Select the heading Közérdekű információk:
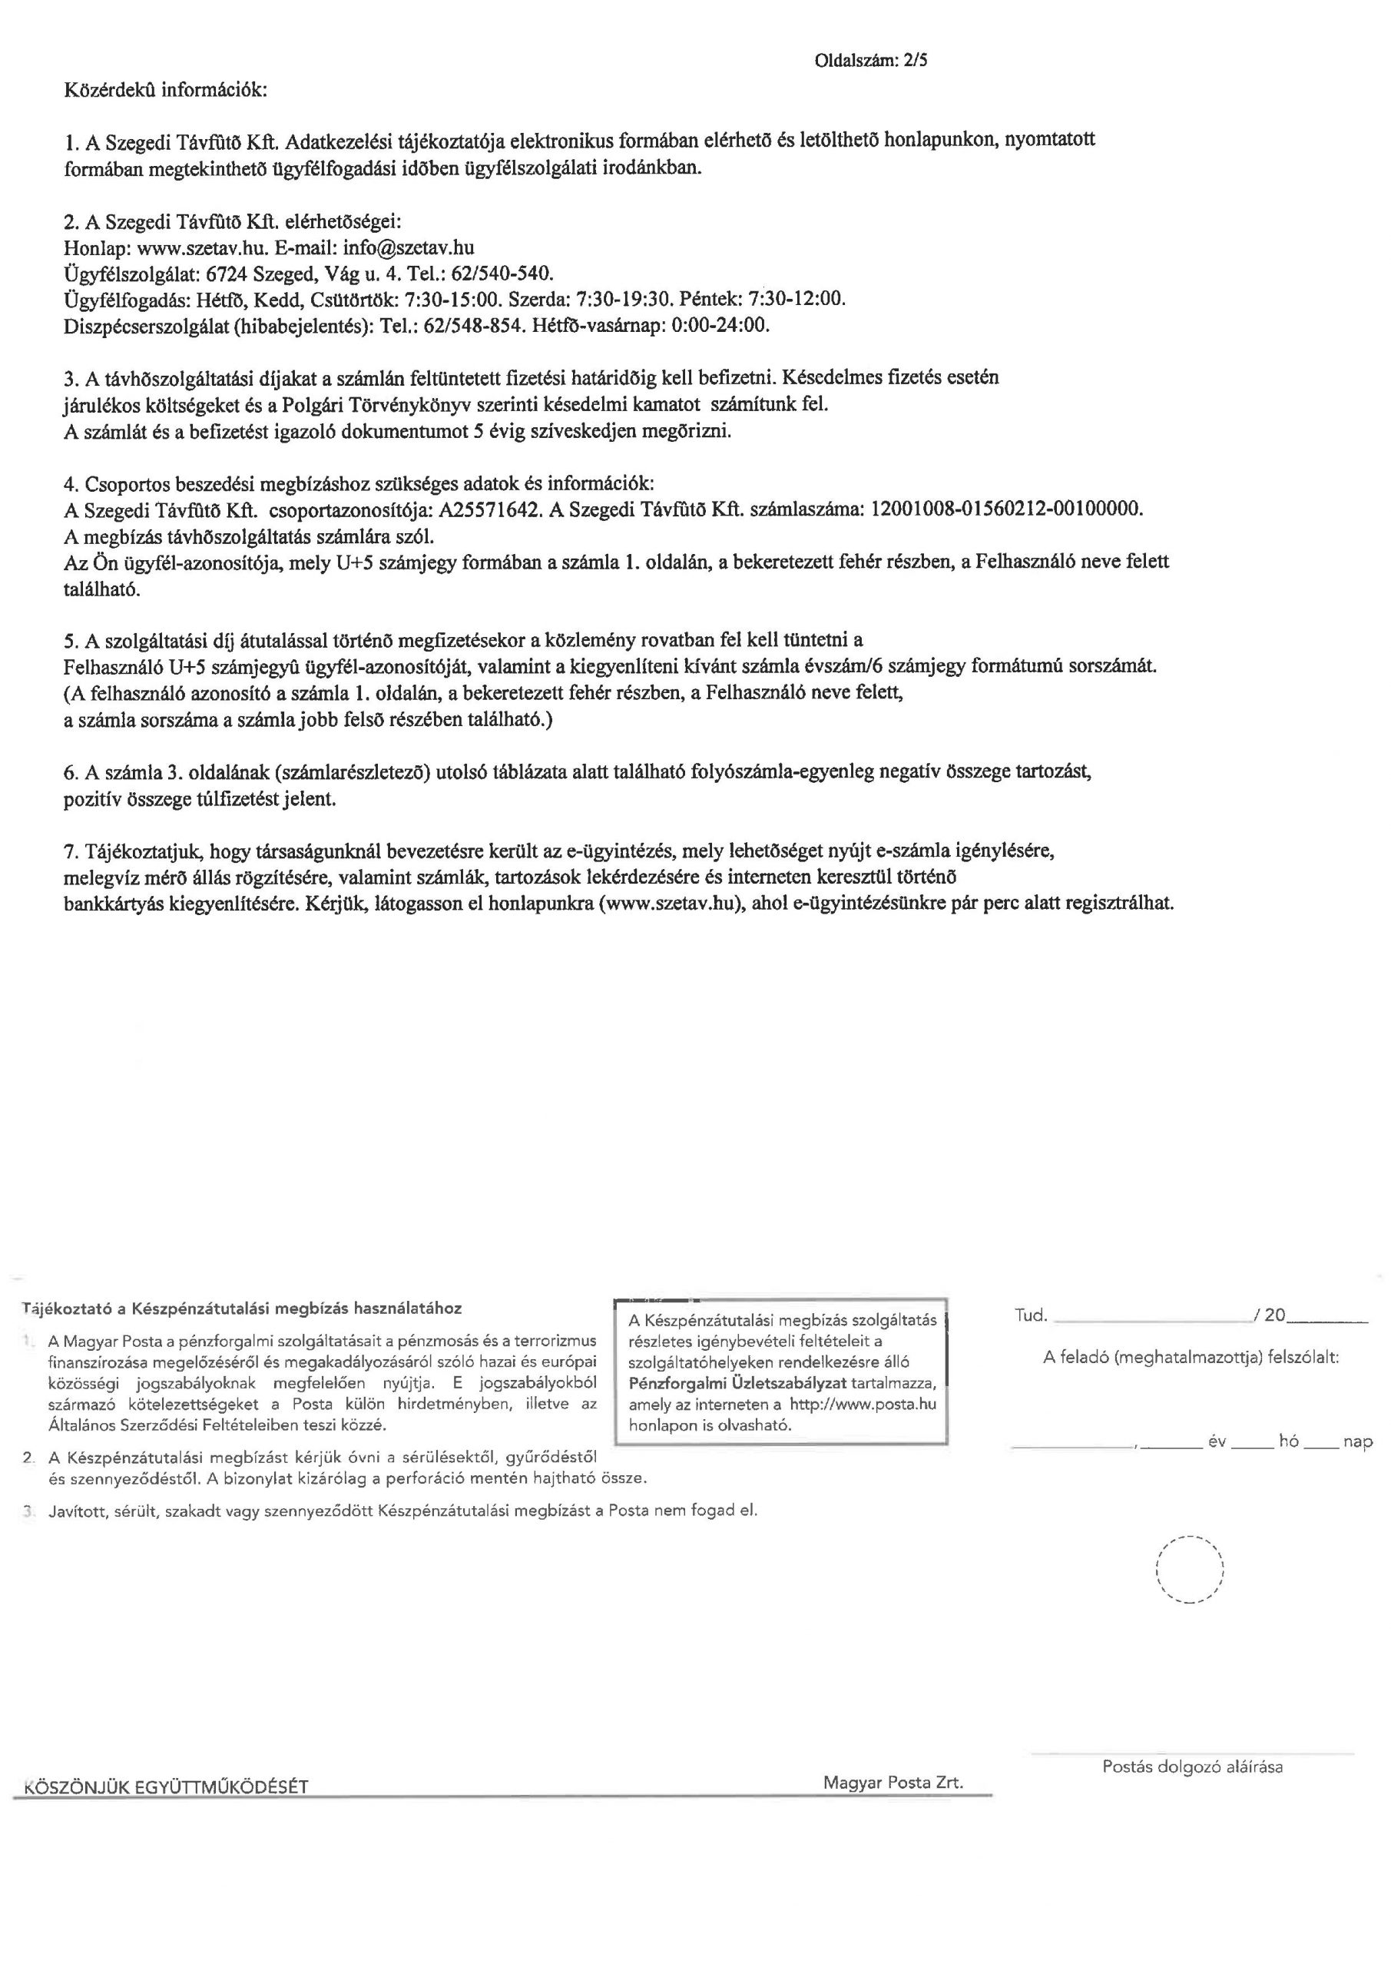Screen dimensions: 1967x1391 [165, 90]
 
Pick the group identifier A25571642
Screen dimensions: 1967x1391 [489, 509]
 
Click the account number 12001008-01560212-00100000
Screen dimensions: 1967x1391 [1005, 509]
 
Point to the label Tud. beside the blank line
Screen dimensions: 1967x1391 [1031, 1315]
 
